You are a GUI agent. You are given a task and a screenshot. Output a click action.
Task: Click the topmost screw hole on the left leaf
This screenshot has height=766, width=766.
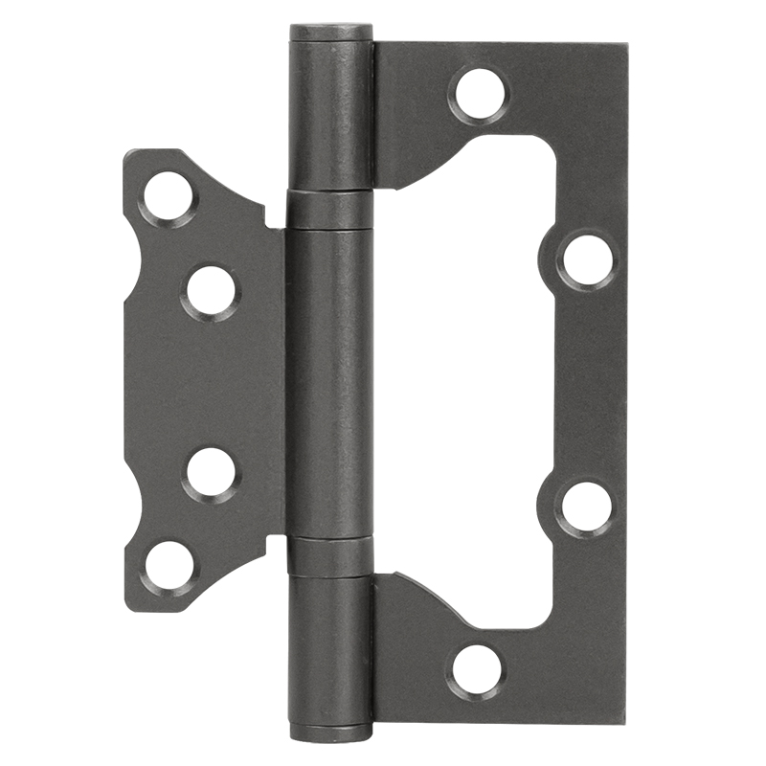[x=169, y=197]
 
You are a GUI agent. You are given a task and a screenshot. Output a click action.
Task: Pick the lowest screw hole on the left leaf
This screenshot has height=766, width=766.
[x=169, y=566]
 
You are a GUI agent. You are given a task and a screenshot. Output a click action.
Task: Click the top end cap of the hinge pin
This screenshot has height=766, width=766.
[x=330, y=32]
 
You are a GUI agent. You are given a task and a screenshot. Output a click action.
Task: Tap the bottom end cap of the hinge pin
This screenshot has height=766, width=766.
[x=330, y=733]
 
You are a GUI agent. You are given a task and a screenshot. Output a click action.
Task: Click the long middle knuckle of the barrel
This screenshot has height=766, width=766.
[x=330, y=383]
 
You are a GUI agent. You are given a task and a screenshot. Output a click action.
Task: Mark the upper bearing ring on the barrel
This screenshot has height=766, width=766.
[x=330, y=210]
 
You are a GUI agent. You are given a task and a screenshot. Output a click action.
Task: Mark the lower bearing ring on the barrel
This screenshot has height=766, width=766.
[x=330, y=555]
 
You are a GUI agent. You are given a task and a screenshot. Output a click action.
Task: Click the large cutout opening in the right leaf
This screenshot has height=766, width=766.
[x=479, y=383]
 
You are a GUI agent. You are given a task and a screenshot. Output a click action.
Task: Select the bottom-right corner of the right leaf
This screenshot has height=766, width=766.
[x=625, y=719]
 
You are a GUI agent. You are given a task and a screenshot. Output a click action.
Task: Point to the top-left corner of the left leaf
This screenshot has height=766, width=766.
[x=128, y=153]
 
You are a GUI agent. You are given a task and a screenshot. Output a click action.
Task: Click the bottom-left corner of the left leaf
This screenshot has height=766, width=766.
[x=128, y=608]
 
